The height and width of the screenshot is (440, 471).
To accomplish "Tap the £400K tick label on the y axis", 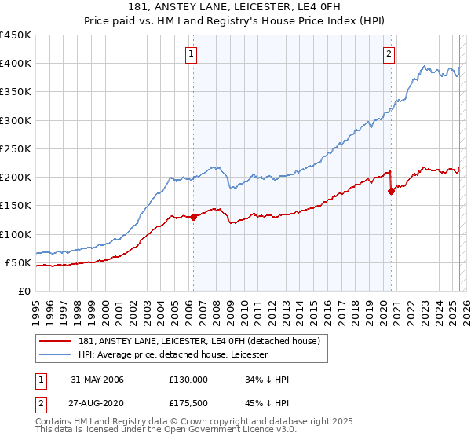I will [16, 64].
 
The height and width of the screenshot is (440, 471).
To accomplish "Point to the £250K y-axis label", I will [16, 148].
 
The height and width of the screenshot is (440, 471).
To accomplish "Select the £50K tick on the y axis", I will [19, 262].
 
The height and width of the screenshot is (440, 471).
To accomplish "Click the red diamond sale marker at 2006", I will [193, 217].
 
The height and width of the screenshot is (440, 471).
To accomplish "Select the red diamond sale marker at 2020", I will [391, 191].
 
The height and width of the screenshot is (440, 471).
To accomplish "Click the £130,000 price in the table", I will [188, 379].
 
